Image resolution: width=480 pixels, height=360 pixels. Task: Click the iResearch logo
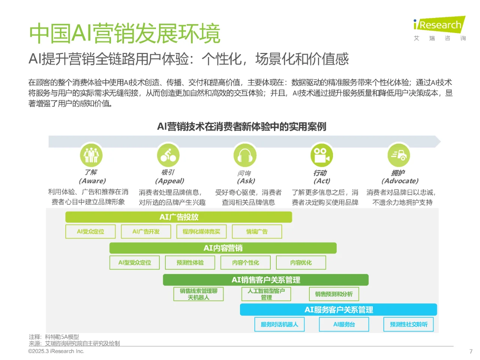pyautogui.click(x=439, y=25)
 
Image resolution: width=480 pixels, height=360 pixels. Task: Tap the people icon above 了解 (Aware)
pyautogui.click(x=91, y=155)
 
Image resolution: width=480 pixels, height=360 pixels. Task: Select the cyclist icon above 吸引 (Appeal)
pyautogui.click(x=168, y=155)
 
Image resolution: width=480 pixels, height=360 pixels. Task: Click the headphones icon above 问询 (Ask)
pyautogui.click(x=245, y=155)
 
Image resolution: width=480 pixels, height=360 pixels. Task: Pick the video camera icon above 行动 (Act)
pyautogui.click(x=322, y=155)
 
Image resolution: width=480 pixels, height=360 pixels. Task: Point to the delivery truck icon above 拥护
pyautogui.click(x=399, y=155)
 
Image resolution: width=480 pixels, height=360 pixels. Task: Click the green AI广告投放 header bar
pyautogui.click(x=178, y=217)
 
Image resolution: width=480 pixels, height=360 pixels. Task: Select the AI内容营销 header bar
pyautogui.click(x=223, y=248)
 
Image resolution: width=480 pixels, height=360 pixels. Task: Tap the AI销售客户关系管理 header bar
pyautogui.click(x=265, y=280)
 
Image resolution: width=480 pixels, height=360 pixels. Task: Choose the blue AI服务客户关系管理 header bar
pyautogui.click(x=338, y=310)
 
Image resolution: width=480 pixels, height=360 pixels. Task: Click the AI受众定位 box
pyautogui.click(x=90, y=232)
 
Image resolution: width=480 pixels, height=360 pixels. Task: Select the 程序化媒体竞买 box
pyautogui.click(x=201, y=232)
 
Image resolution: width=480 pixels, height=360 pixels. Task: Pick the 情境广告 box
pyautogui.click(x=257, y=232)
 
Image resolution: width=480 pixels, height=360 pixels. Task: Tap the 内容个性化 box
pyautogui.click(x=245, y=263)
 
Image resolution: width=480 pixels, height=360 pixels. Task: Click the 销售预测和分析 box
pyautogui.click(x=334, y=294)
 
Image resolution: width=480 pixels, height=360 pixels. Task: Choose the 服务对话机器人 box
pyautogui.click(x=279, y=324)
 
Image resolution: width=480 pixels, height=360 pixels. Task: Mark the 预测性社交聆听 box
pyautogui.click(x=408, y=324)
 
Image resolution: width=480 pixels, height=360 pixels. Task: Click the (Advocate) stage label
pyautogui.click(x=400, y=181)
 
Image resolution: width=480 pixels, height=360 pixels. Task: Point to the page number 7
pyautogui.click(x=471, y=351)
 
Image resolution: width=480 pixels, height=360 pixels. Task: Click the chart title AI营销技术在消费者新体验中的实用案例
pyautogui.click(x=241, y=127)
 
